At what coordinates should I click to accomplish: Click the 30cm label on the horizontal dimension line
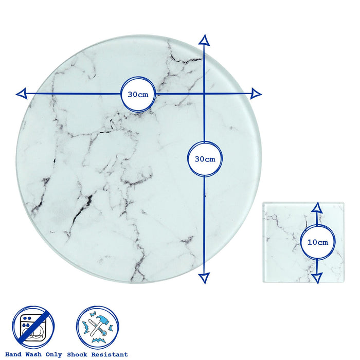coord(138,95)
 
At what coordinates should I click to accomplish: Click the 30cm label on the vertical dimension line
coord(205,159)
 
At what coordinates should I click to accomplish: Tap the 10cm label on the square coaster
coord(318,242)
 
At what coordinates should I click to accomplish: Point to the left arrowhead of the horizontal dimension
coord(22,94)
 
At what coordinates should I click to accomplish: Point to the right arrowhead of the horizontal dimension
coord(256,94)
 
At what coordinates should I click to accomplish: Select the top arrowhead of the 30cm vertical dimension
coord(204,40)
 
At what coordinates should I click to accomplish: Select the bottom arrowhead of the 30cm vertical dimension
coord(204,278)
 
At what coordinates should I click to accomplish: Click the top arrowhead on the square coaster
coord(317,208)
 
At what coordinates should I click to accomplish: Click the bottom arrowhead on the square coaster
coord(317,278)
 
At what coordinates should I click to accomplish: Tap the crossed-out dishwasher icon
coord(33,327)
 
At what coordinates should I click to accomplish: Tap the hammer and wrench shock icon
coord(98,327)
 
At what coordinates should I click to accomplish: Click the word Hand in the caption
coord(13,354)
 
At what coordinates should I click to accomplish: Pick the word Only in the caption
coord(53,355)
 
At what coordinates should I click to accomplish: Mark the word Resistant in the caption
coord(110,354)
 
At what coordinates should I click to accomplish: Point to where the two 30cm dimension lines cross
coord(204,94)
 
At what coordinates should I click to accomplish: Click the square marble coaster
coord(303,242)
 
